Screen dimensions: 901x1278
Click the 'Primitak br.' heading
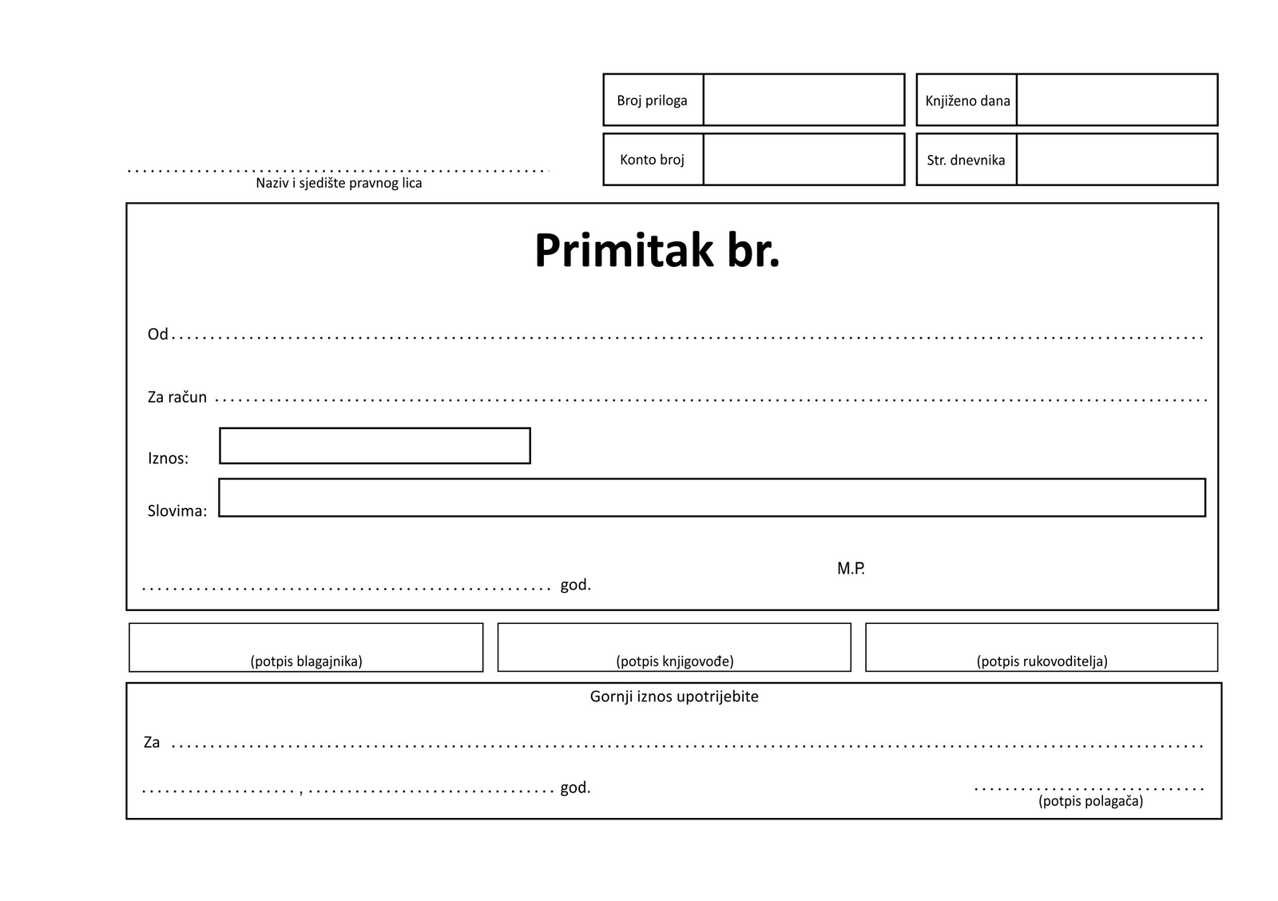(657, 250)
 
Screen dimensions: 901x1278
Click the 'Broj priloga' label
(652, 101)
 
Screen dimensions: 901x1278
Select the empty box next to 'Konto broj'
(804, 160)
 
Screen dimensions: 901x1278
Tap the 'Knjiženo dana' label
(967, 101)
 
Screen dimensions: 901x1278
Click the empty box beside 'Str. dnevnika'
(1117, 160)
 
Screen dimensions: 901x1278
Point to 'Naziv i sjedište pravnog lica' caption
(339, 183)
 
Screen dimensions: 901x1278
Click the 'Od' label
(157, 334)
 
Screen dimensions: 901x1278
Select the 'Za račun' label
(177, 397)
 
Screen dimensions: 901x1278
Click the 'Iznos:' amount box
(375, 446)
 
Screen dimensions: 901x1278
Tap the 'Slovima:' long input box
(712, 498)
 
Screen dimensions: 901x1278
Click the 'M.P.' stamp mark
(851, 569)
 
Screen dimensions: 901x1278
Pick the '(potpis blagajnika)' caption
(306, 661)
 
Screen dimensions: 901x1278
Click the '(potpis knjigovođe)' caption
(675, 661)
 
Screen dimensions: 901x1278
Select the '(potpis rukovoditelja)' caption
(1042, 661)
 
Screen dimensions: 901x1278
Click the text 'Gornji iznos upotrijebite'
(674, 697)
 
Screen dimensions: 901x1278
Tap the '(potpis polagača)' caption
(1090, 801)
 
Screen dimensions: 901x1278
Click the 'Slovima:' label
(177, 511)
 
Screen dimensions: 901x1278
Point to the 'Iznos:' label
(168, 458)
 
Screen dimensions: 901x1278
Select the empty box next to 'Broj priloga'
(804, 100)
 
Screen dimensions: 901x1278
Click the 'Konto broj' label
(652, 160)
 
